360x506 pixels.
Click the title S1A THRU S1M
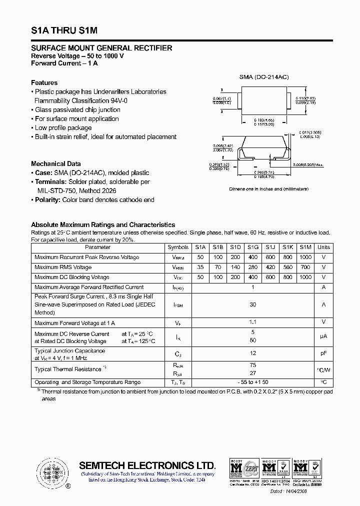coord(64,30)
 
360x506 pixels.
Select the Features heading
coord(44,82)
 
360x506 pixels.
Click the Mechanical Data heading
coord(55,163)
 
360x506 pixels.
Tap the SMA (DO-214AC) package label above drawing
coord(264,77)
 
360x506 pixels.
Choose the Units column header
coord(323,247)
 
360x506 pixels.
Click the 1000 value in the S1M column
coord(305,257)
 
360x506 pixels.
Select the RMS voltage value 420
coord(270,267)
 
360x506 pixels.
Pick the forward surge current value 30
coord(253,304)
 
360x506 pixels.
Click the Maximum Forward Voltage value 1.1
coord(253,322)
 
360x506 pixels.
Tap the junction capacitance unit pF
coord(323,353)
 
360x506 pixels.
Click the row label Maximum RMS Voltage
coord(63,267)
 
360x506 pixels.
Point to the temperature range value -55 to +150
coord(253,382)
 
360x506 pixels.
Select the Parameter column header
coord(98,247)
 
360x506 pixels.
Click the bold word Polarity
coord(48,199)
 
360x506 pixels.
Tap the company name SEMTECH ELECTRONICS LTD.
coord(147,465)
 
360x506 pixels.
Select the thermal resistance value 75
coord(253,365)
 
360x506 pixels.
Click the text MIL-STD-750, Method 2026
coord(77,190)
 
